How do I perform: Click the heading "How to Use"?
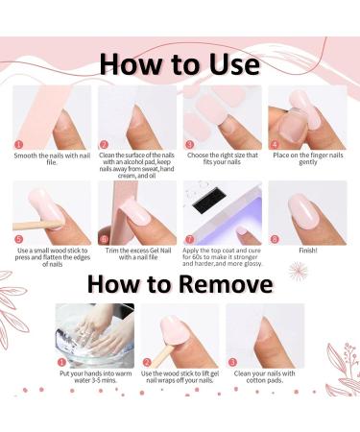coord(180,63)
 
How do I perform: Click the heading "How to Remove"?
coord(180,284)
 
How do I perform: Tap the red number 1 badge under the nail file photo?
coord(19,146)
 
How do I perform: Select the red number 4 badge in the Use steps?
coord(275,146)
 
